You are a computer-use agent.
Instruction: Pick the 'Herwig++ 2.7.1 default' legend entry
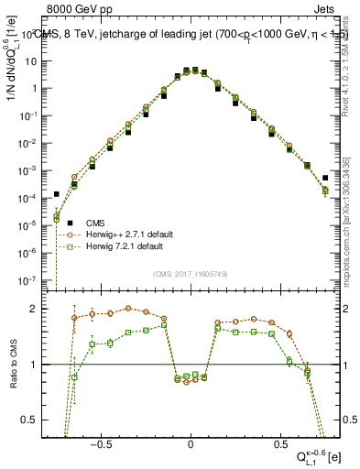point(120,234)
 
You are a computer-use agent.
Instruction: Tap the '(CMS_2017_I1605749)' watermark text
point(190,274)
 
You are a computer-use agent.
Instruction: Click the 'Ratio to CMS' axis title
point(12,365)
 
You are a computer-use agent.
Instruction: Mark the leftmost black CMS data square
point(57,194)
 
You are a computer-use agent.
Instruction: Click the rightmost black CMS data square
point(325,178)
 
